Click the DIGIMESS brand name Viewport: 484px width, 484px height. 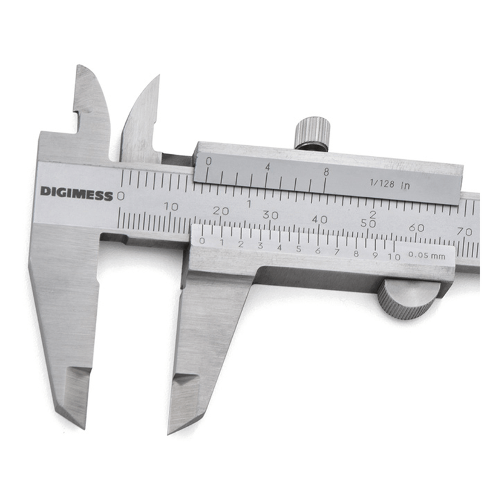coord(77,193)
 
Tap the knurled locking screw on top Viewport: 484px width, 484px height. coord(312,133)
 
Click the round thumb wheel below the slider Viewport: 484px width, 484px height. coord(407,299)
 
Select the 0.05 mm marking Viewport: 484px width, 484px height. coord(427,255)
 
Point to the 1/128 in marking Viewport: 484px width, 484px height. coord(390,185)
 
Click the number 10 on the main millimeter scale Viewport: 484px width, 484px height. coord(171,206)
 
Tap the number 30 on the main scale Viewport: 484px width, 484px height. coord(270,215)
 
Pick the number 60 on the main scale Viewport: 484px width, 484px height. coord(416,227)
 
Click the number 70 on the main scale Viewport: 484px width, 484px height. coord(465,231)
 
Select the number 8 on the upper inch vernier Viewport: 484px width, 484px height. coord(326,172)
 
